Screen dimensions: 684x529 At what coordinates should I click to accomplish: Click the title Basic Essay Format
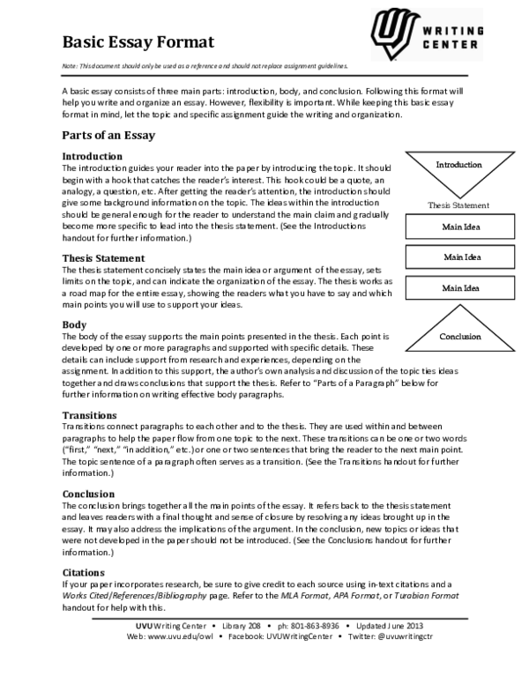tap(138, 42)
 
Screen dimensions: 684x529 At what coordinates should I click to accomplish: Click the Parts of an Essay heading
tap(108, 135)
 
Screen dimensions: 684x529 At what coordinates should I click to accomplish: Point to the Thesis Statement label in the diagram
tap(458, 204)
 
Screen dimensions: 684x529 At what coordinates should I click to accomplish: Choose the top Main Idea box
tap(459, 227)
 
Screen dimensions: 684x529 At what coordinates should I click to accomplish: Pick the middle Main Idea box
tap(459, 257)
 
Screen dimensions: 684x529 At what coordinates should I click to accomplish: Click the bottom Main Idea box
tap(459, 288)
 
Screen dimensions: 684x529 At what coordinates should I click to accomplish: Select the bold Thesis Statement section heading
tap(102, 257)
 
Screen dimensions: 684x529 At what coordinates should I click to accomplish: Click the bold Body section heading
tap(74, 325)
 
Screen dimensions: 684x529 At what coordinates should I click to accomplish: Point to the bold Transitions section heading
tap(89, 414)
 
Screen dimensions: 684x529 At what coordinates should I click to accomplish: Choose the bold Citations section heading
tap(84, 573)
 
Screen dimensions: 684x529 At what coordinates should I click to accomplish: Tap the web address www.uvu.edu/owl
tap(183, 635)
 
